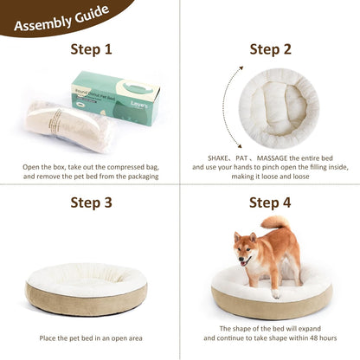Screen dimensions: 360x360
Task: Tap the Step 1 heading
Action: click(x=91, y=49)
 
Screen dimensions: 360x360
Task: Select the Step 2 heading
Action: click(x=271, y=49)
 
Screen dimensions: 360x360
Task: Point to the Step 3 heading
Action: click(x=91, y=203)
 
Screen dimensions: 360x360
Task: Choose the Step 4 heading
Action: click(x=271, y=203)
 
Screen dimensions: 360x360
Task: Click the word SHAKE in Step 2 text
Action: click(x=220, y=158)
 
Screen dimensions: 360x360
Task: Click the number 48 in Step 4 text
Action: click(x=308, y=338)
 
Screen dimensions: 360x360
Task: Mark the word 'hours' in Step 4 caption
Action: click(x=326, y=338)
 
